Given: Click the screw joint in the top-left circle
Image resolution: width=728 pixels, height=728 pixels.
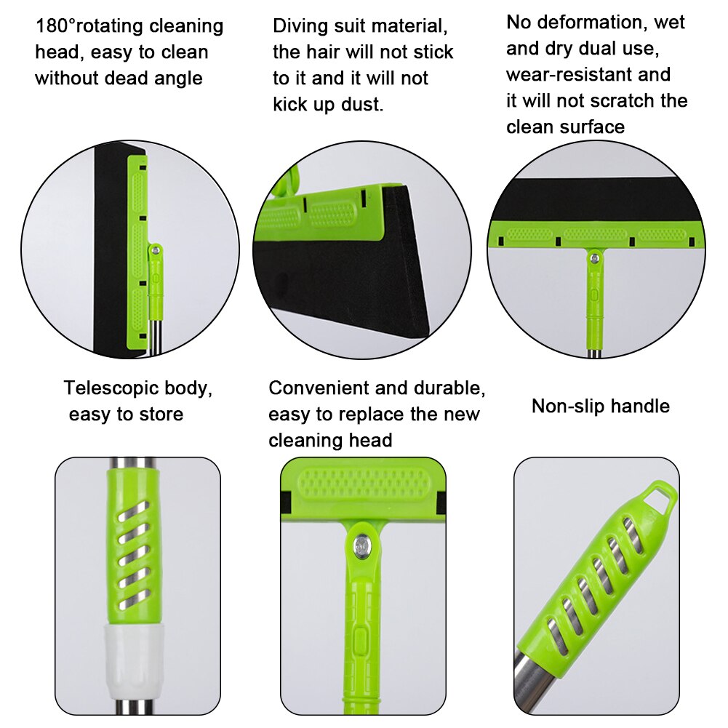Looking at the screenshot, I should click(154, 250).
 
